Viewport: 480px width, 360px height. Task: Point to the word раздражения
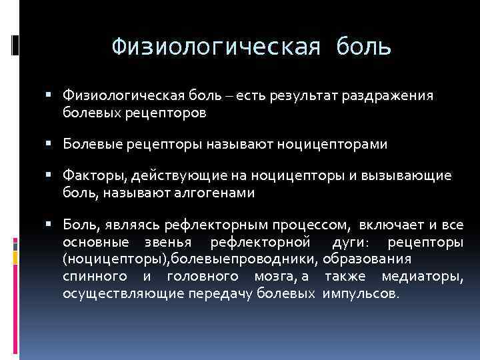[x=388, y=97]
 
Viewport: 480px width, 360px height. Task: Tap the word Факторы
[x=91, y=175]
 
